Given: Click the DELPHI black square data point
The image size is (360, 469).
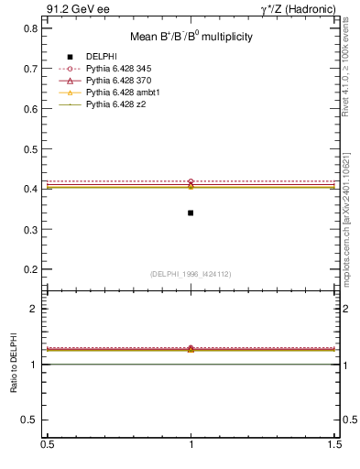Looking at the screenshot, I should click(191, 213).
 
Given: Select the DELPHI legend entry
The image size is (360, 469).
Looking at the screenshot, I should click(101, 57).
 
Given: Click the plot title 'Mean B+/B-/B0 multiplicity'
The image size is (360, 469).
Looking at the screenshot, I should click(191, 37).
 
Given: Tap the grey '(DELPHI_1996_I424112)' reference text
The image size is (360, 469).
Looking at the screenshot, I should click(191, 273).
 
